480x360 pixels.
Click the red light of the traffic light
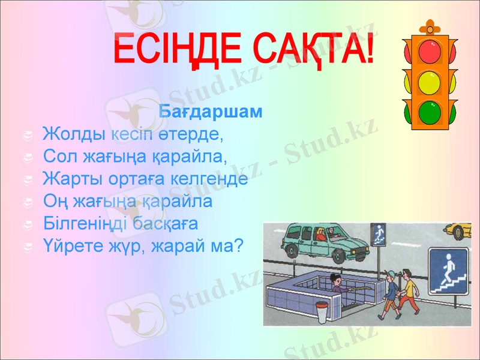click(x=430, y=52)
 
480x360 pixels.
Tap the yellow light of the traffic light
click(x=430, y=82)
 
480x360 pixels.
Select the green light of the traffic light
click(x=430, y=112)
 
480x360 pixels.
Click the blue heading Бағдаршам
click(x=211, y=112)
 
